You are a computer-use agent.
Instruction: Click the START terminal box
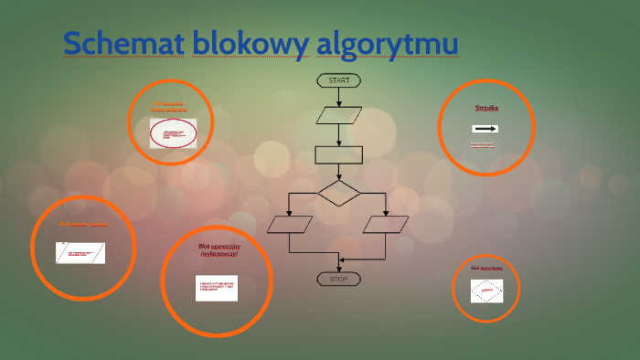click(x=338, y=80)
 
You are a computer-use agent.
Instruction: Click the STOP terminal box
click(x=338, y=278)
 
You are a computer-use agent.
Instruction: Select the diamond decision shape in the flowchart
click(x=339, y=193)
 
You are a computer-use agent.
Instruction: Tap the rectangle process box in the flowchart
click(x=338, y=154)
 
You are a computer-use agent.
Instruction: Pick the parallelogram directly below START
click(x=338, y=116)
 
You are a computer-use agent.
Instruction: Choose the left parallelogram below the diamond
click(x=290, y=224)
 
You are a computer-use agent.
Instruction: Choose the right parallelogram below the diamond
click(x=386, y=224)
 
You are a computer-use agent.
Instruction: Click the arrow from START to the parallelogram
click(x=339, y=97)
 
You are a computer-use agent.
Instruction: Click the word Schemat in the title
click(x=123, y=43)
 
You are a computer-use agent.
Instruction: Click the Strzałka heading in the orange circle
click(x=486, y=108)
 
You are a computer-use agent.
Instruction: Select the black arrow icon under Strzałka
click(x=485, y=129)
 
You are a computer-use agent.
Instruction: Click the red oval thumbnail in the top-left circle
click(x=173, y=133)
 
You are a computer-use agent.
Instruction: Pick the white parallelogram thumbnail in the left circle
click(x=80, y=252)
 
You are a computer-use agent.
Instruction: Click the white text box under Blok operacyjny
click(x=217, y=288)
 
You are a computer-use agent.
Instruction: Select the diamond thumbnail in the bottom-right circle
click(x=487, y=291)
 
